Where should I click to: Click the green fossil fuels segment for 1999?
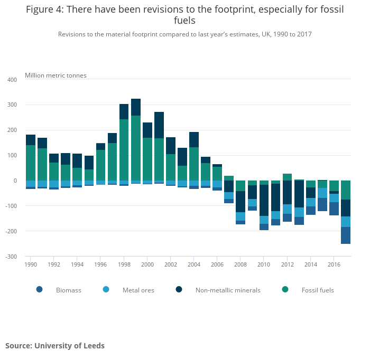136,148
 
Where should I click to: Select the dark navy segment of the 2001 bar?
159,125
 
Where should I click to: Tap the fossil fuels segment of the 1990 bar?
31,163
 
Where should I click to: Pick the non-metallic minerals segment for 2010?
264,200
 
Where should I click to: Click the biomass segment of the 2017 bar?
346,235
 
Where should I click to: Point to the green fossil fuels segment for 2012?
287,177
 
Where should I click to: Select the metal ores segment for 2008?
240,216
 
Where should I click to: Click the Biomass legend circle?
39,289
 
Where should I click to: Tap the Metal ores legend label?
138,290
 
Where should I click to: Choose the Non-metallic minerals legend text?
228,290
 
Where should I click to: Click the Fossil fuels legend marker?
285,289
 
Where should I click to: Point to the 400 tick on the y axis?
12,80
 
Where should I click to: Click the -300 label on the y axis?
11,257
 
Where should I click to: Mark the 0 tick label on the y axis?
15,181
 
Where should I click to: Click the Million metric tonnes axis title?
55,75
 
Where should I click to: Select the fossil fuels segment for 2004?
194,164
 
